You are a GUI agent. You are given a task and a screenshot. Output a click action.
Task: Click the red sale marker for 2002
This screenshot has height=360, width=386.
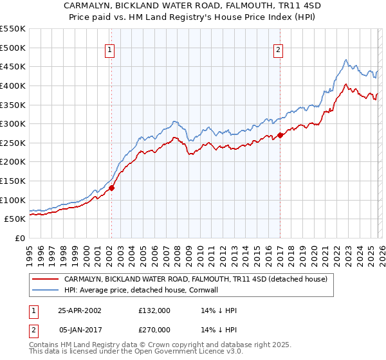tap(112, 188)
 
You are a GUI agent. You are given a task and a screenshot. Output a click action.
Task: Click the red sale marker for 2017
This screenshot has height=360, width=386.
tap(280, 135)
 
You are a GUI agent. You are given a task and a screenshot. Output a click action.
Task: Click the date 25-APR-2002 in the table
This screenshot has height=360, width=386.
tap(79, 310)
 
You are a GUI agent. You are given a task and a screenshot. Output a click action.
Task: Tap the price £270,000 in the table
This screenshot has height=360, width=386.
tap(154, 330)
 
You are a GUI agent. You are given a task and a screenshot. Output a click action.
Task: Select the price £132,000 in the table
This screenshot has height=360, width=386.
tap(154, 310)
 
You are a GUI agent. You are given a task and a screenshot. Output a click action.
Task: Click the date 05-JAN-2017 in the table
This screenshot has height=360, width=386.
tap(79, 330)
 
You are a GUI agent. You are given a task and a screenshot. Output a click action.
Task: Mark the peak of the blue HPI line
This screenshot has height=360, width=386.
tap(345, 60)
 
